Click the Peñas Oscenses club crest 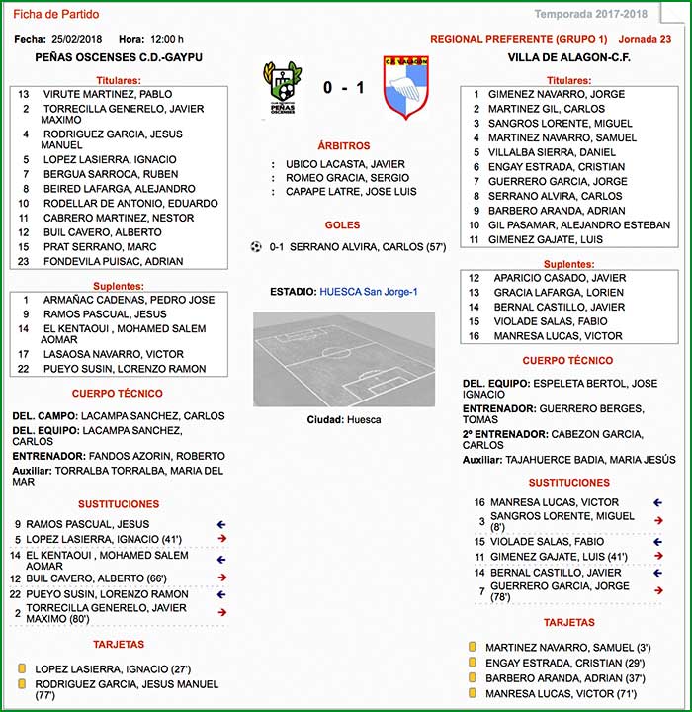coord(282,88)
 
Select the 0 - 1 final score coord(343,88)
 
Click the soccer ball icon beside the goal coord(257,246)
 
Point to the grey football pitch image coord(343,359)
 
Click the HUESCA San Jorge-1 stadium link coord(369,292)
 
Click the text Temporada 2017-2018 coord(590,14)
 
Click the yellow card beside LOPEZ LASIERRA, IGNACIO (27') coord(22,668)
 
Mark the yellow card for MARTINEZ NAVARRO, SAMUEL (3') coord(473,648)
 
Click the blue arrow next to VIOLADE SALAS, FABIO coord(658,542)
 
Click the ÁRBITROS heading coord(343,145)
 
